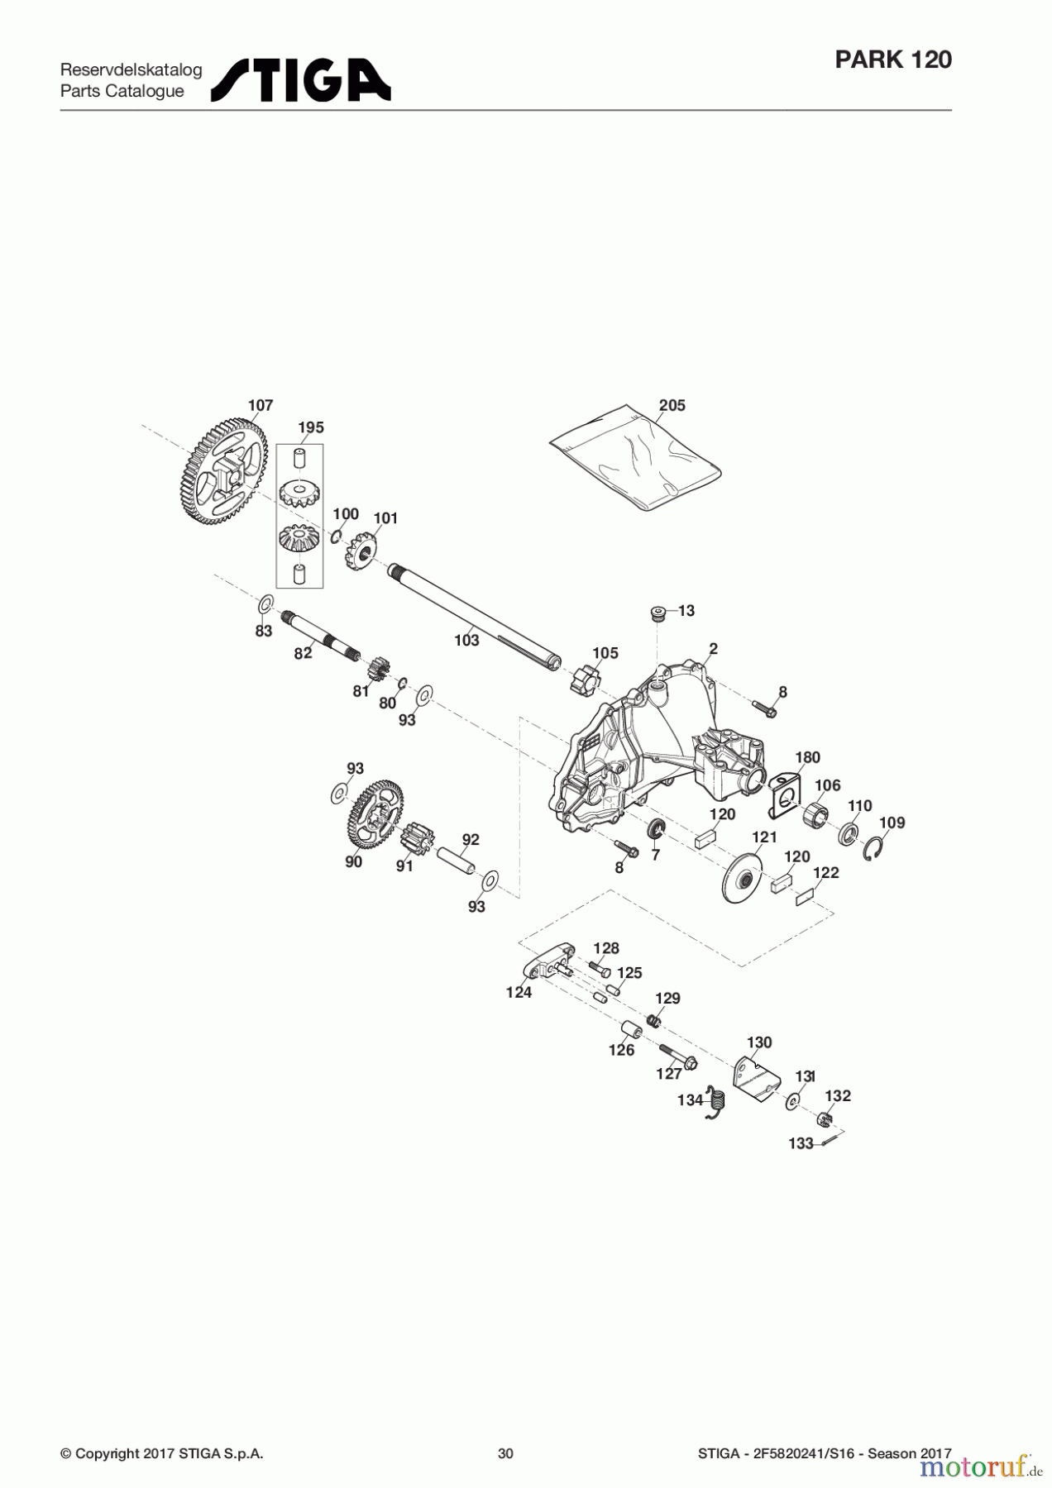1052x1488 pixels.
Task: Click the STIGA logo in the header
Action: [x=301, y=80]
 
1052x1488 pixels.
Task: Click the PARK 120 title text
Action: [x=893, y=60]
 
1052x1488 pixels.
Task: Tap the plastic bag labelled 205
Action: [x=635, y=460]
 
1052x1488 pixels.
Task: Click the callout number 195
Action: [x=311, y=427]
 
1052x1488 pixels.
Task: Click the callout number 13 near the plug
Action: [x=686, y=611]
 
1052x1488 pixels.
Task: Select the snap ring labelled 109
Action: [x=876, y=849]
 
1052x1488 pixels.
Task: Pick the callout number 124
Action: [x=519, y=993]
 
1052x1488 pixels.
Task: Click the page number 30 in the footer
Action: [x=505, y=1453]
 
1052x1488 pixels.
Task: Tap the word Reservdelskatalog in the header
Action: [x=131, y=70]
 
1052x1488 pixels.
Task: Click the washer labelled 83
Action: [x=265, y=604]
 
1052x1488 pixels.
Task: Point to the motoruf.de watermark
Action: [x=979, y=1467]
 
